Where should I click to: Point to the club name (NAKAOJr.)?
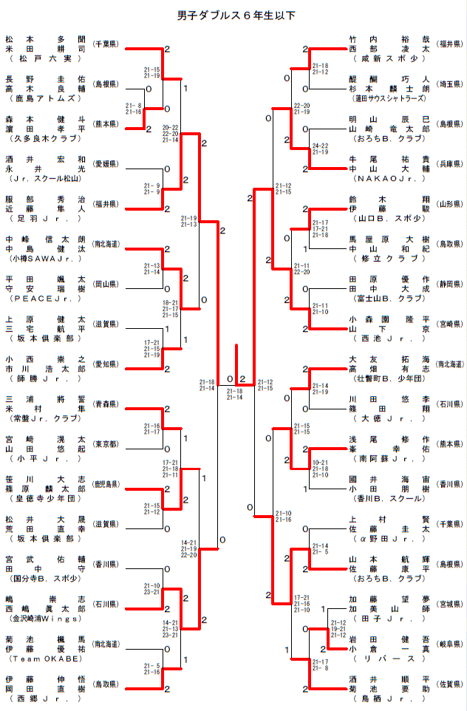point(389,178)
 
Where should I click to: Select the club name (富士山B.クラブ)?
point(389,298)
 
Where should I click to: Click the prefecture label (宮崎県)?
point(449,324)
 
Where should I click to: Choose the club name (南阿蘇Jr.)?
point(389,457)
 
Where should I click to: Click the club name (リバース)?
point(389,658)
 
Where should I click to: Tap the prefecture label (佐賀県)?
point(449,683)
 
